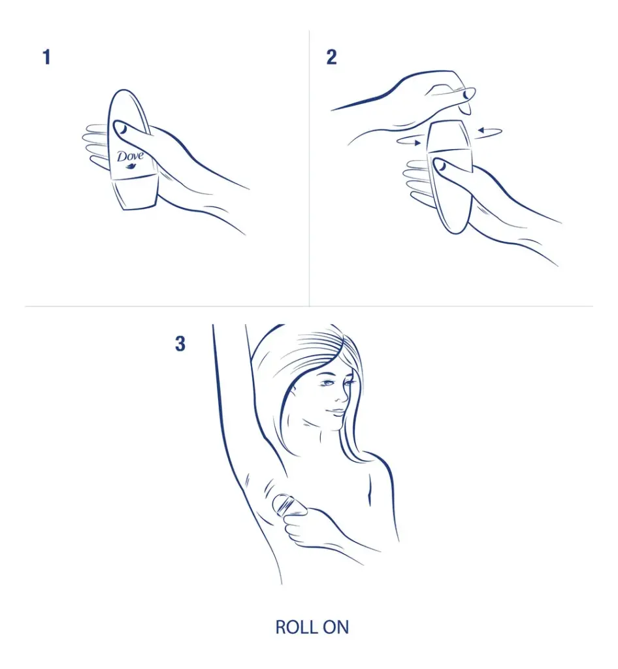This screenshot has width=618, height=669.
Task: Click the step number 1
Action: (47, 57)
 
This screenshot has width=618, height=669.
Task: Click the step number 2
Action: (331, 57)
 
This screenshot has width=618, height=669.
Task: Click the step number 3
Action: (180, 344)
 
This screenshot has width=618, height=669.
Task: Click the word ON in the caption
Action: (336, 627)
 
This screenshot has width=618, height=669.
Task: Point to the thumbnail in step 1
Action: (121, 128)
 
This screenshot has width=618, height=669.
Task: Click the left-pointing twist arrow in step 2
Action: (489, 132)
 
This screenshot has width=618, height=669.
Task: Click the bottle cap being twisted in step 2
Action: (449, 136)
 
